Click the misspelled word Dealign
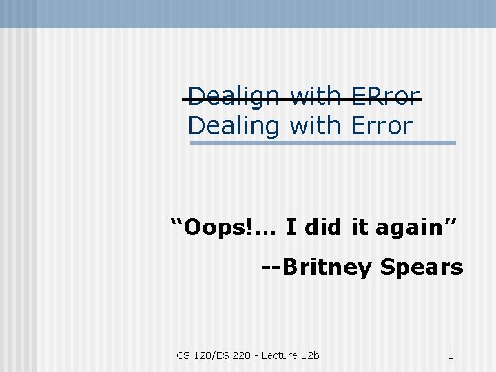234,96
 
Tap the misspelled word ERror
385,96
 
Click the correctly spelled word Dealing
234,127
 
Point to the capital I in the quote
290,226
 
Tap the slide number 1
450,355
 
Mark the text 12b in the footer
311,355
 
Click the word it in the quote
360,226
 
